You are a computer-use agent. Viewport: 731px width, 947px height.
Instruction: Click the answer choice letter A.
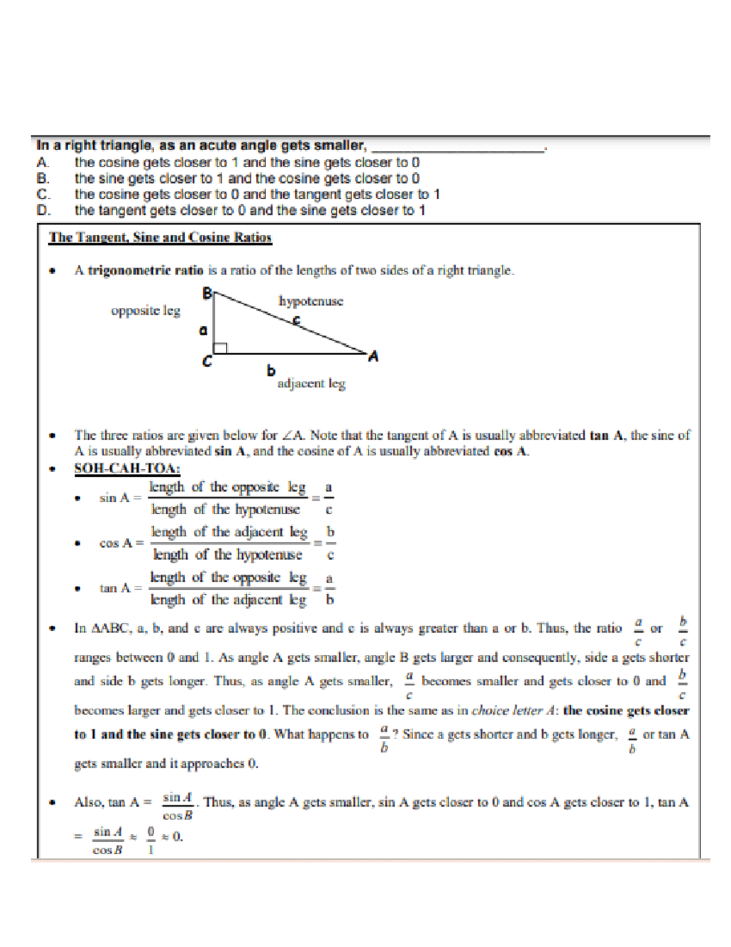coord(42,163)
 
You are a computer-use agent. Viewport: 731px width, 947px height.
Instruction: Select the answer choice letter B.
coord(42,179)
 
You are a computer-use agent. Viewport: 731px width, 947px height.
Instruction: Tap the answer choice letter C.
coord(42,195)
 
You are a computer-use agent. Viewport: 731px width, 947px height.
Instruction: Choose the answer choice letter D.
coord(42,210)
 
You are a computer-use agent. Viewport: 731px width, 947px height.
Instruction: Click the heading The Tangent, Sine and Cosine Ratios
coord(160,238)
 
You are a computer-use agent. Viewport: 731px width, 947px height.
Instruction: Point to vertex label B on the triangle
coord(207,294)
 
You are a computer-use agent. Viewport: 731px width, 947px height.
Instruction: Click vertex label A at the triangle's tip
coord(373,357)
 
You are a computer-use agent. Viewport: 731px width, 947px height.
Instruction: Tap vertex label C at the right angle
coord(207,362)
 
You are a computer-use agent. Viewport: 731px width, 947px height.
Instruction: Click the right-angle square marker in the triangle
coord(221,348)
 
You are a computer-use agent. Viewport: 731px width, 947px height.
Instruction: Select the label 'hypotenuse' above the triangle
coord(311,301)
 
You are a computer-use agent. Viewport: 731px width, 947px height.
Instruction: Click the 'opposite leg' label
coord(146,311)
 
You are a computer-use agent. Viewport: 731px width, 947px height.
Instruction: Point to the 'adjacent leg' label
coord(311,384)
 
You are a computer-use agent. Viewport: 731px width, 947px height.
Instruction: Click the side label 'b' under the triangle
coord(271,371)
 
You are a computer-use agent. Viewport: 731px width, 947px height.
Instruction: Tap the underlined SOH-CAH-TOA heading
coord(127,468)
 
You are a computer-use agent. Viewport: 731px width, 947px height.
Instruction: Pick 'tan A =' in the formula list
coord(120,588)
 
